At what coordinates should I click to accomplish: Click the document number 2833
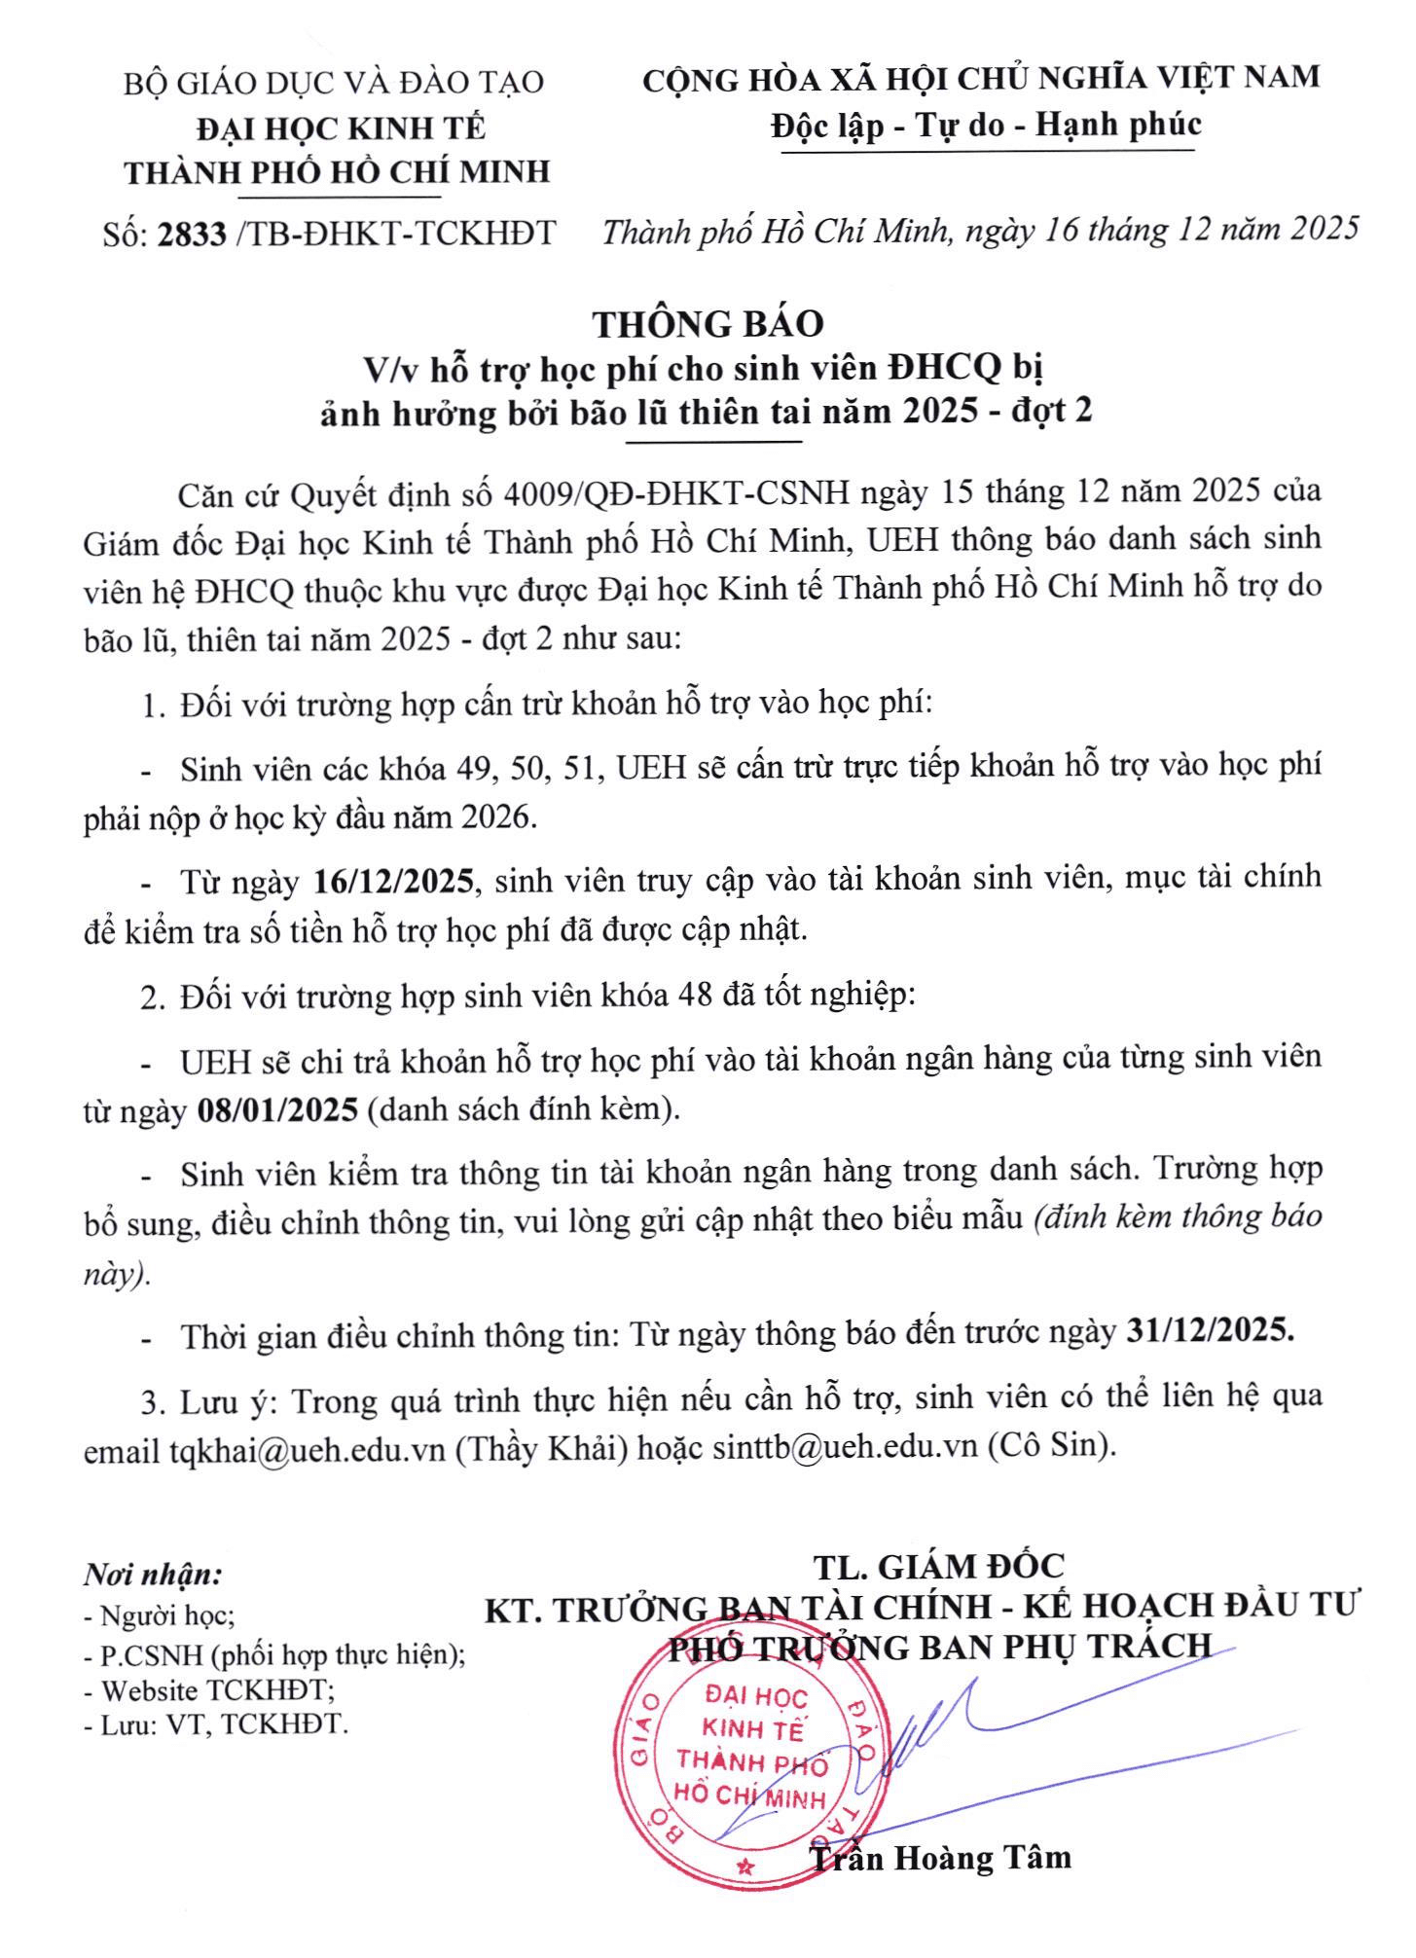coord(192,235)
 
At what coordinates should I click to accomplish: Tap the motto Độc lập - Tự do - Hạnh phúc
coord(986,125)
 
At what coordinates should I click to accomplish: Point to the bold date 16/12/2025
coord(394,882)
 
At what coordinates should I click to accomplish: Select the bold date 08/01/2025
coord(278,1109)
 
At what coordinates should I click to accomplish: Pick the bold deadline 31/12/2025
coord(1210,1330)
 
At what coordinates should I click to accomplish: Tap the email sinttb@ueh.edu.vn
coord(845,1447)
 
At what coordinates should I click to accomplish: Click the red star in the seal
coord(746,1867)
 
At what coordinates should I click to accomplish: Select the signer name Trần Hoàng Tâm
coord(940,1858)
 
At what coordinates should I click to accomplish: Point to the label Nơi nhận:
coord(153,1575)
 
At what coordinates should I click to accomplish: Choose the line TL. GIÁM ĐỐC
coord(939,1566)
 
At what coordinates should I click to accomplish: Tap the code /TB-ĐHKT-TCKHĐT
coord(395,234)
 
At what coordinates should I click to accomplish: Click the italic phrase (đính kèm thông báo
coord(1178,1217)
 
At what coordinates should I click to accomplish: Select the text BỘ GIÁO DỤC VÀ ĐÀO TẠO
coord(333,83)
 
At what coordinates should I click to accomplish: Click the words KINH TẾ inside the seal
coord(752,1729)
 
